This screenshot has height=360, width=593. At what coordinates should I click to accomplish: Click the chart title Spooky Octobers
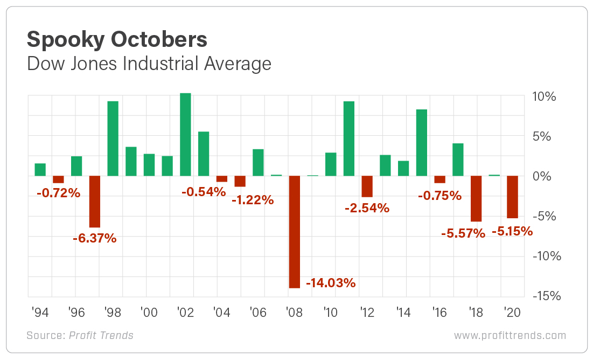(x=116, y=40)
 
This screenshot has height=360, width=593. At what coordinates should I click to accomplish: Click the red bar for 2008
(x=295, y=232)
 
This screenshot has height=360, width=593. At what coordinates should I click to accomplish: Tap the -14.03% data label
(x=331, y=283)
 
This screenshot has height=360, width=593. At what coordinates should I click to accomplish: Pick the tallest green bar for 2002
(x=185, y=135)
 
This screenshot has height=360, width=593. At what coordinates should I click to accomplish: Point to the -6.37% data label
(x=94, y=238)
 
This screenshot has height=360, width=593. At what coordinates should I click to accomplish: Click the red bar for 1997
(x=95, y=202)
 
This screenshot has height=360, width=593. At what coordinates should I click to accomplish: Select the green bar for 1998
(x=113, y=139)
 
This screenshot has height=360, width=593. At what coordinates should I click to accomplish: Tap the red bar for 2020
(x=513, y=197)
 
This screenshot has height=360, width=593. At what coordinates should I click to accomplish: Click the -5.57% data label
(x=463, y=233)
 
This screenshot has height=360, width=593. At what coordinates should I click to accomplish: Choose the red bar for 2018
(x=476, y=199)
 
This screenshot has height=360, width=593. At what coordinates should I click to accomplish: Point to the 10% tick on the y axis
(x=544, y=97)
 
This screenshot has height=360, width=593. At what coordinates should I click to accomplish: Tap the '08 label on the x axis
(x=295, y=311)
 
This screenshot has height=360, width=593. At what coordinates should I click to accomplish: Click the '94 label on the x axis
(x=40, y=311)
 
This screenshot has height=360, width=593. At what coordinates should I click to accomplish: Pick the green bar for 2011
(x=349, y=139)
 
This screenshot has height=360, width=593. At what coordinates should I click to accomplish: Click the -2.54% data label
(x=367, y=208)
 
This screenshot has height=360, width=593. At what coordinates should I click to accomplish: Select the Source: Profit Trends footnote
(x=80, y=335)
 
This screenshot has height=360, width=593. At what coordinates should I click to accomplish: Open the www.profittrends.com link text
(x=510, y=335)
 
